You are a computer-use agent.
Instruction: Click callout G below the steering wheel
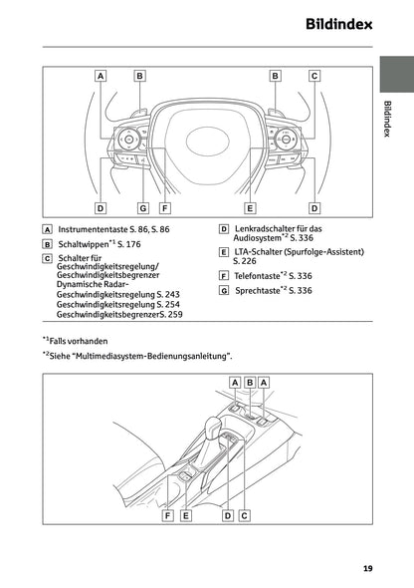(x=142, y=208)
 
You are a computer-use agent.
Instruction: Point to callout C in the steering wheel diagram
(x=314, y=75)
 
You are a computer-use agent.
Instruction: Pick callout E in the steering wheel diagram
(x=250, y=208)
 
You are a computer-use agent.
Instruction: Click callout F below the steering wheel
(x=164, y=208)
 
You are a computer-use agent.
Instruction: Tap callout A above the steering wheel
(x=101, y=75)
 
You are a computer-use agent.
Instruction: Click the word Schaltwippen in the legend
(x=84, y=243)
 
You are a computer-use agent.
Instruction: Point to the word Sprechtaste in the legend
(x=258, y=290)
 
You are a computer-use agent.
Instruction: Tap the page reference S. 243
(x=168, y=295)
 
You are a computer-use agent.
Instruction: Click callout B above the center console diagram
(x=250, y=383)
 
